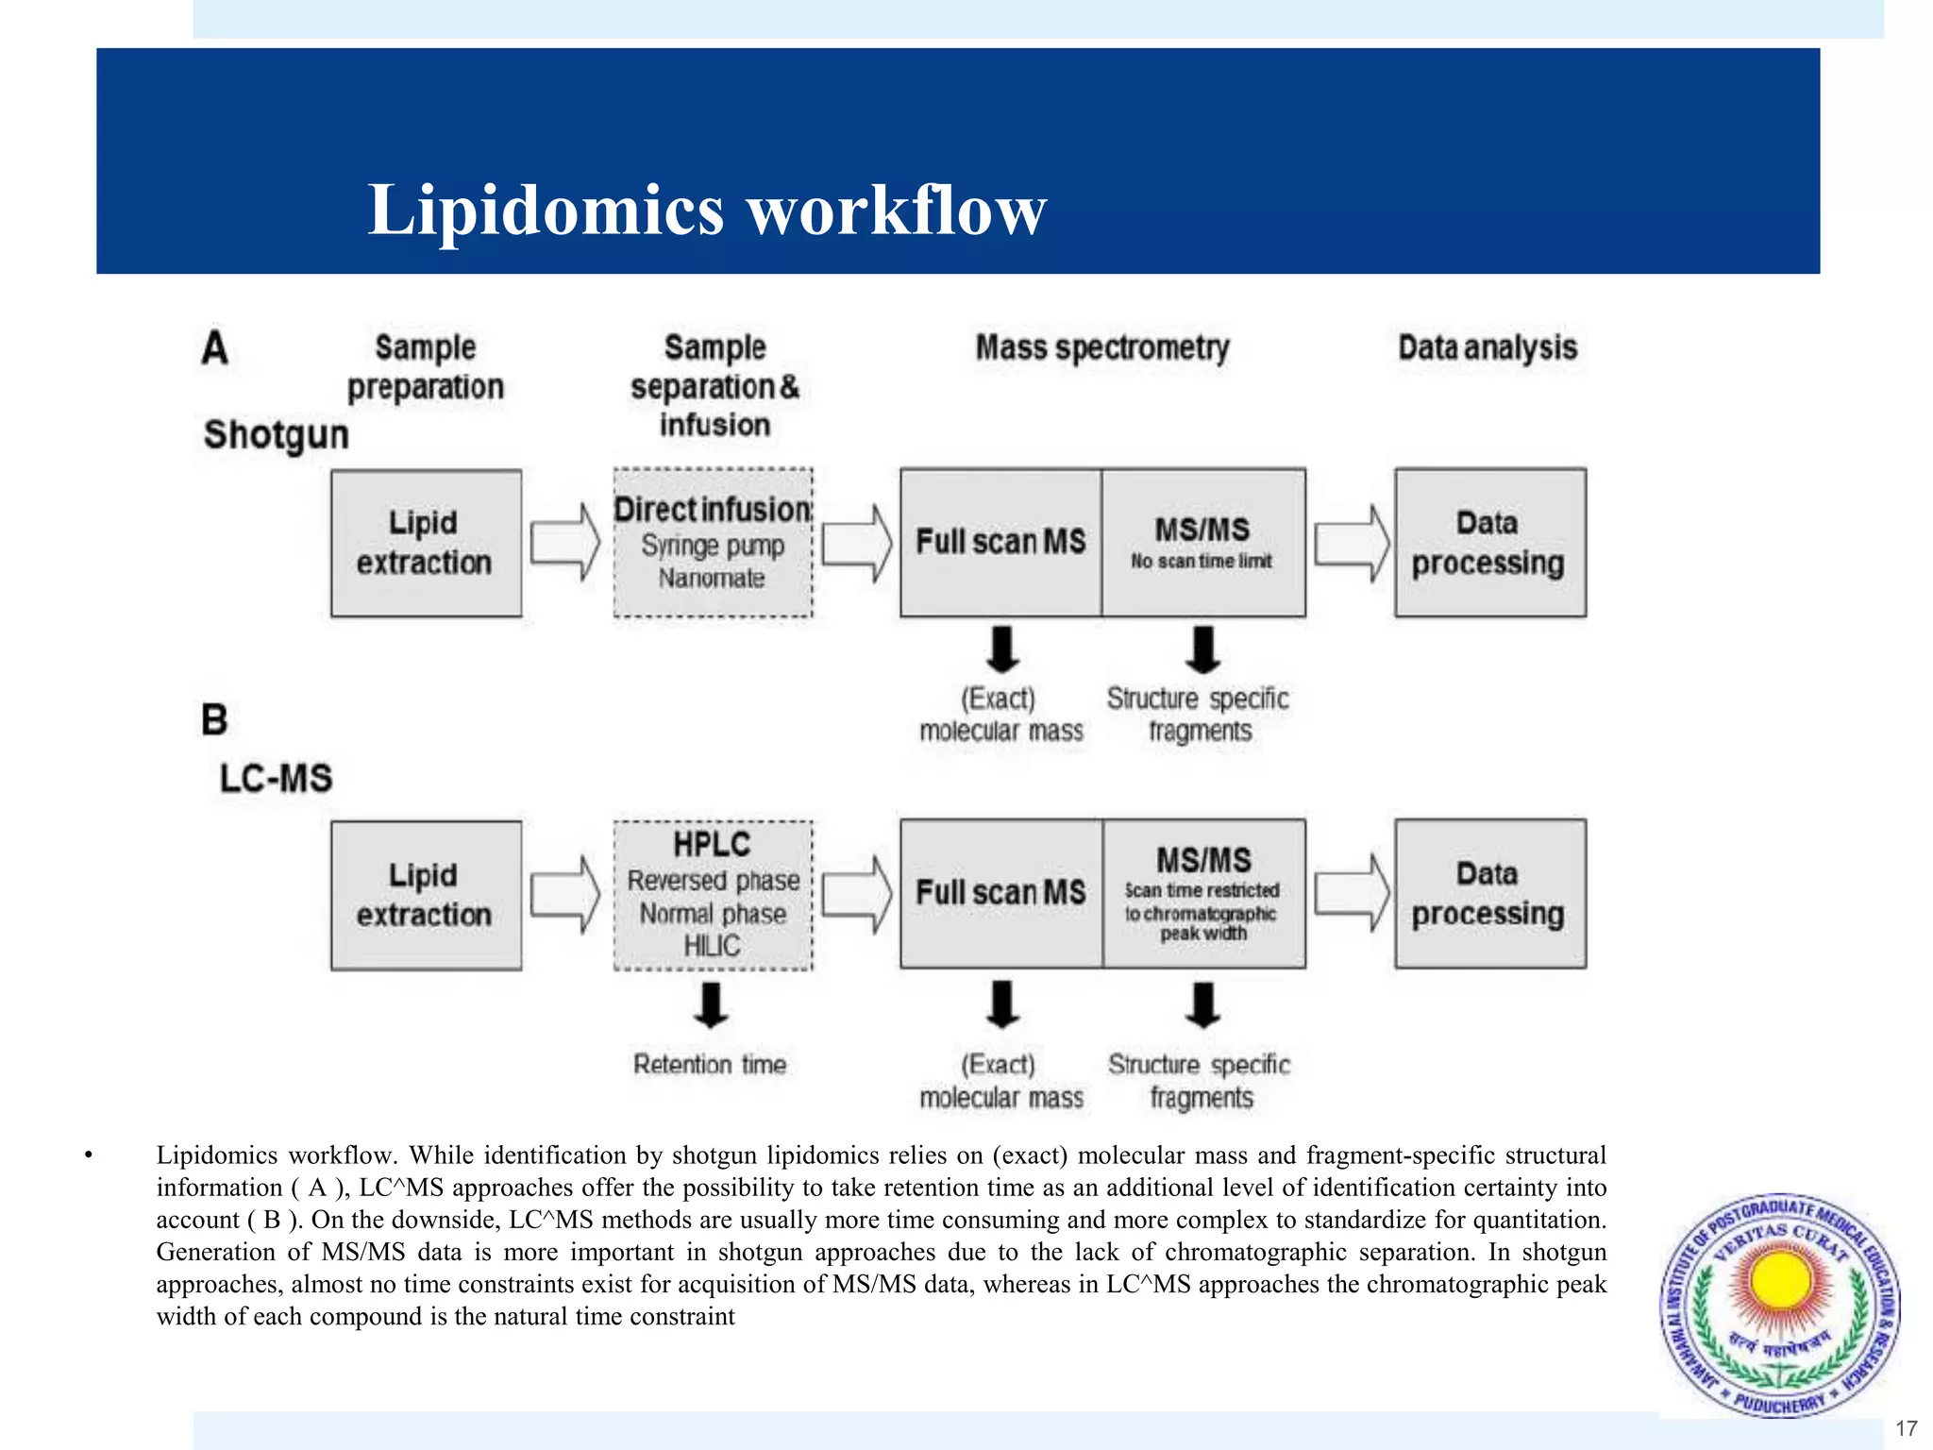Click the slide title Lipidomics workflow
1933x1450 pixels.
pyautogui.click(x=706, y=210)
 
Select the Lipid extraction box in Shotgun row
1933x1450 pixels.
pyautogui.click(x=426, y=543)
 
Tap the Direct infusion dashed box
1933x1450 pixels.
pyautogui.click(x=713, y=543)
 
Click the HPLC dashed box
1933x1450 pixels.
pyautogui.click(x=713, y=894)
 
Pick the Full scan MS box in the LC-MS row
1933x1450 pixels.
pyautogui.click(x=1000, y=893)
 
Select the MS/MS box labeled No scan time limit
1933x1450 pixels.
pyautogui.click(x=1203, y=543)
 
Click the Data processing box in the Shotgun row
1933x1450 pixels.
pyautogui.click(x=1489, y=543)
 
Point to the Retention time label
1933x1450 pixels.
pyautogui.click(x=710, y=1065)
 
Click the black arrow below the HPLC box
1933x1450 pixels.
pyautogui.click(x=711, y=1005)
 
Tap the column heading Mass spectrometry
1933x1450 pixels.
pyautogui.click(x=1102, y=347)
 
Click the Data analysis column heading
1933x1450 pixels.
pyautogui.click(x=1488, y=347)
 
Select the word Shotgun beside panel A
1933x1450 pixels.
pyautogui.click(x=277, y=435)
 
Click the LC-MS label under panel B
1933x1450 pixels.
pyautogui.click(x=277, y=779)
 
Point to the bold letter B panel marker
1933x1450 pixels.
pyautogui.click(x=214, y=720)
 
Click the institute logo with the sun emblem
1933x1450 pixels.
pyautogui.click(x=1780, y=1305)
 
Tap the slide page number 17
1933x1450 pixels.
pyautogui.click(x=1906, y=1428)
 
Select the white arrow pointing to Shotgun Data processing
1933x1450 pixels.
pyautogui.click(x=1352, y=543)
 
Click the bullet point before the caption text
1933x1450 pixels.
pyautogui.click(x=88, y=1155)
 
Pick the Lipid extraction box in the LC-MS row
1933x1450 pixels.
pyautogui.click(x=426, y=894)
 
